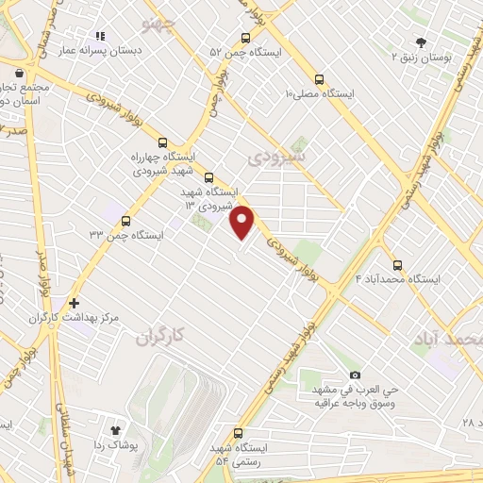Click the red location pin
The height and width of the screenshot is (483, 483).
click(x=243, y=222)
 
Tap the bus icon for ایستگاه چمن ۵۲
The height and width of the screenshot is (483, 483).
click(x=245, y=39)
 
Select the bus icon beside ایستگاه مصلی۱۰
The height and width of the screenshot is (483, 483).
click(x=319, y=80)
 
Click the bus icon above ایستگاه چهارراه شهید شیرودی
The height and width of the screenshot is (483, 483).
click(x=163, y=142)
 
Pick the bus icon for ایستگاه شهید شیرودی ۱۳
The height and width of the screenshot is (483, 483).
click(x=208, y=176)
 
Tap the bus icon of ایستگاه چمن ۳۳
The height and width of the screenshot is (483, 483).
click(x=125, y=221)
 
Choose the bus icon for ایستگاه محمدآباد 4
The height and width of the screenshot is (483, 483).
click(x=396, y=265)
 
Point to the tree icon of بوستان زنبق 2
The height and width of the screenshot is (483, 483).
click(x=421, y=42)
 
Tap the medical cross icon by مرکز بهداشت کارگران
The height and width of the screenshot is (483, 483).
click(x=74, y=303)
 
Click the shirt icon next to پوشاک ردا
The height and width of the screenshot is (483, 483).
click(x=117, y=429)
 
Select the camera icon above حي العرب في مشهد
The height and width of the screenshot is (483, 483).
click(x=355, y=375)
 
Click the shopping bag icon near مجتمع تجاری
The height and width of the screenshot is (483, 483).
click(x=17, y=71)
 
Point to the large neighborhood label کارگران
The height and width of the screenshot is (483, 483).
click(x=161, y=336)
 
